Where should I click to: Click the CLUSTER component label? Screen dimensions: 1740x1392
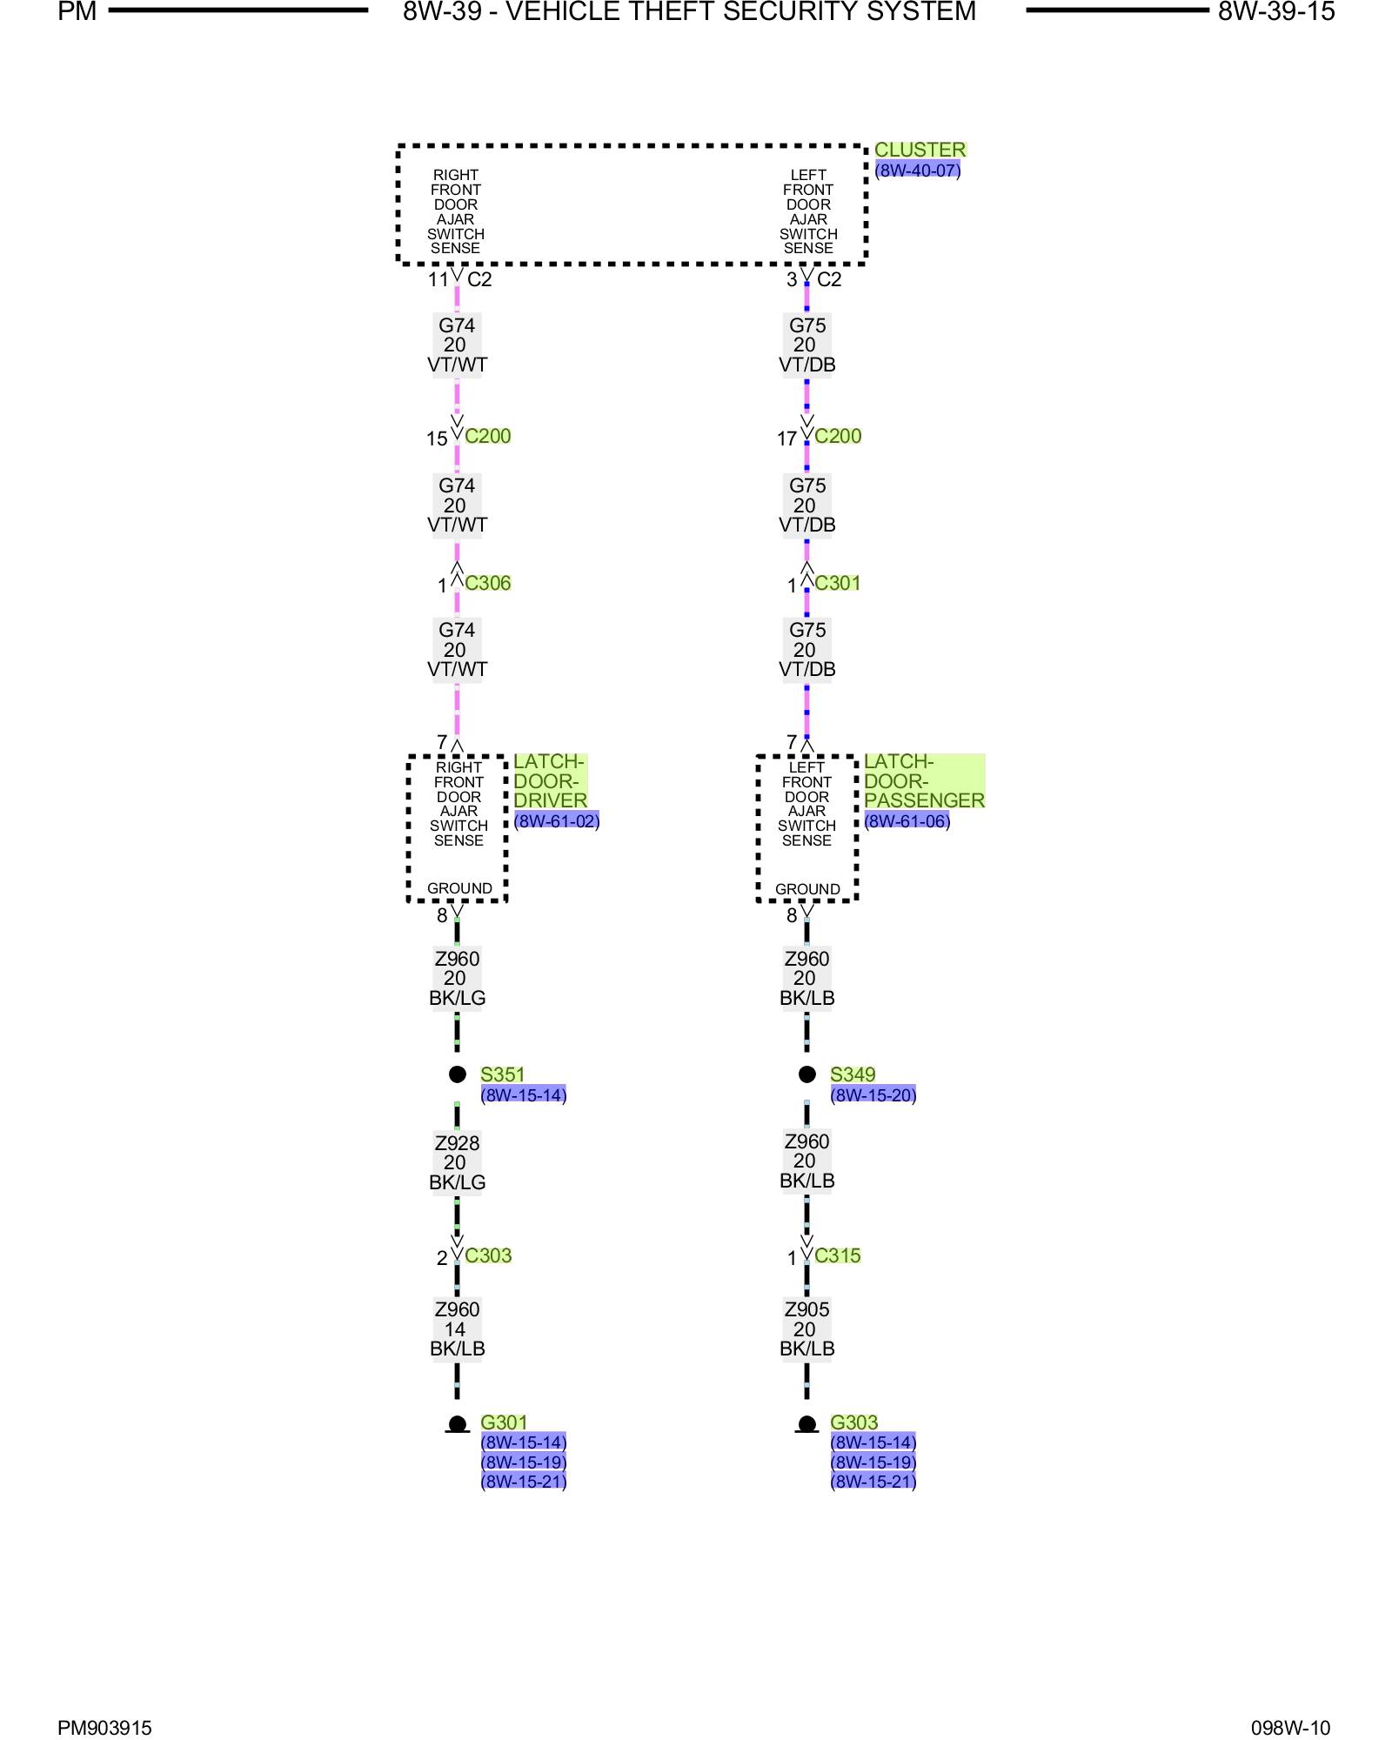[920, 150]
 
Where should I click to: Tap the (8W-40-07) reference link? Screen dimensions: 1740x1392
[917, 171]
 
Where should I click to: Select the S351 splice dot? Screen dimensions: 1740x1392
[458, 1074]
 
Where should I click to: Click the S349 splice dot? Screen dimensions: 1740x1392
[807, 1074]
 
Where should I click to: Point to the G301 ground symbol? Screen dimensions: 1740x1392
[458, 1424]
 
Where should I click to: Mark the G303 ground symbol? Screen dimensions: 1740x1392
[807, 1424]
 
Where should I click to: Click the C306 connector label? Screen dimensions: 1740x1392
[488, 583]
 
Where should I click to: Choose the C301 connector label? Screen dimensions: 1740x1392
[838, 583]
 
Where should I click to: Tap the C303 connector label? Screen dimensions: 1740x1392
[488, 1255]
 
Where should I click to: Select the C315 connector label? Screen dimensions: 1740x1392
[838, 1255]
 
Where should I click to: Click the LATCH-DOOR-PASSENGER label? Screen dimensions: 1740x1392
[924, 780]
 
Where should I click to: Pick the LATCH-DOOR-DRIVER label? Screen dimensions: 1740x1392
[550, 780]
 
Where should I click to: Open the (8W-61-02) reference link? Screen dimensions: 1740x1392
[557, 821]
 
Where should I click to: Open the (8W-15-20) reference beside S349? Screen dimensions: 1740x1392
[873, 1095]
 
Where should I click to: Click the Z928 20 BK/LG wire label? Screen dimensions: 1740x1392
[457, 1162]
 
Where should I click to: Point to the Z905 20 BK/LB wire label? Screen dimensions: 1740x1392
[807, 1328]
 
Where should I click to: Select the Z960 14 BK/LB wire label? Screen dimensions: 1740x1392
[457, 1328]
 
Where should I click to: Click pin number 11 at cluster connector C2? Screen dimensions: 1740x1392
[438, 279]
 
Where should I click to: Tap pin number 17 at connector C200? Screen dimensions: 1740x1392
[786, 438]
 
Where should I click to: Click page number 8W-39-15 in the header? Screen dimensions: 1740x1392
[1275, 12]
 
